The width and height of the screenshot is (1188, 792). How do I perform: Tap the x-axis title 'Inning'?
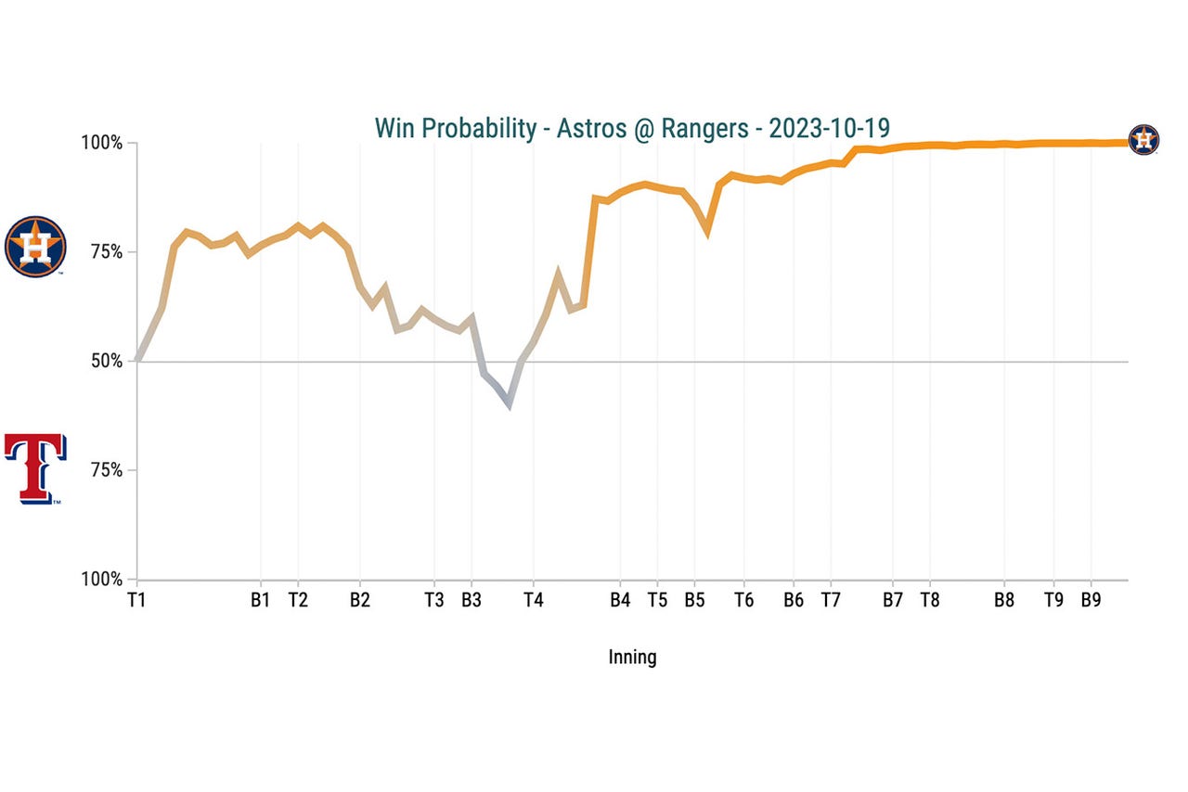(x=632, y=658)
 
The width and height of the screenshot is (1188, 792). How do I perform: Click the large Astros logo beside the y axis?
(x=35, y=247)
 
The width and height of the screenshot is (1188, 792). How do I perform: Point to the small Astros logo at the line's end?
(x=1143, y=140)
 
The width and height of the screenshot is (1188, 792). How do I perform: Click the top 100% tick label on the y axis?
(x=102, y=144)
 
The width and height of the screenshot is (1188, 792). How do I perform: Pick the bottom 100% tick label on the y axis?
(x=102, y=580)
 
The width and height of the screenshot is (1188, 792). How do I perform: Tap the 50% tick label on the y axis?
(x=106, y=361)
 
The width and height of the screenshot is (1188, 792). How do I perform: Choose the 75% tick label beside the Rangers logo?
(x=106, y=470)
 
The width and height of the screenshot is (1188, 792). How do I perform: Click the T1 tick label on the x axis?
(x=137, y=600)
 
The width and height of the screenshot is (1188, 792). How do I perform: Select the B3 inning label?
(x=471, y=600)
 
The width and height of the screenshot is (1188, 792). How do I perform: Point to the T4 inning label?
(x=533, y=600)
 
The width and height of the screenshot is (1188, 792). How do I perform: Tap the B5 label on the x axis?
(x=694, y=600)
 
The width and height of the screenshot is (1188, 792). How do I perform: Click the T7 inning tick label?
(x=831, y=600)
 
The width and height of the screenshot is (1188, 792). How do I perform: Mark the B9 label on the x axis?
(x=1091, y=600)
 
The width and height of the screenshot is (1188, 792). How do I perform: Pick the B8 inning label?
(x=1004, y=600)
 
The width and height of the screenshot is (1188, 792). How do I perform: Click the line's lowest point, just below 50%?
(x=509, y=404)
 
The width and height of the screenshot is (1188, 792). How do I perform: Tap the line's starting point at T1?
(x=138, y=360)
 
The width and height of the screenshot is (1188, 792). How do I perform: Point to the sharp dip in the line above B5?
(x=707, y=232)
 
